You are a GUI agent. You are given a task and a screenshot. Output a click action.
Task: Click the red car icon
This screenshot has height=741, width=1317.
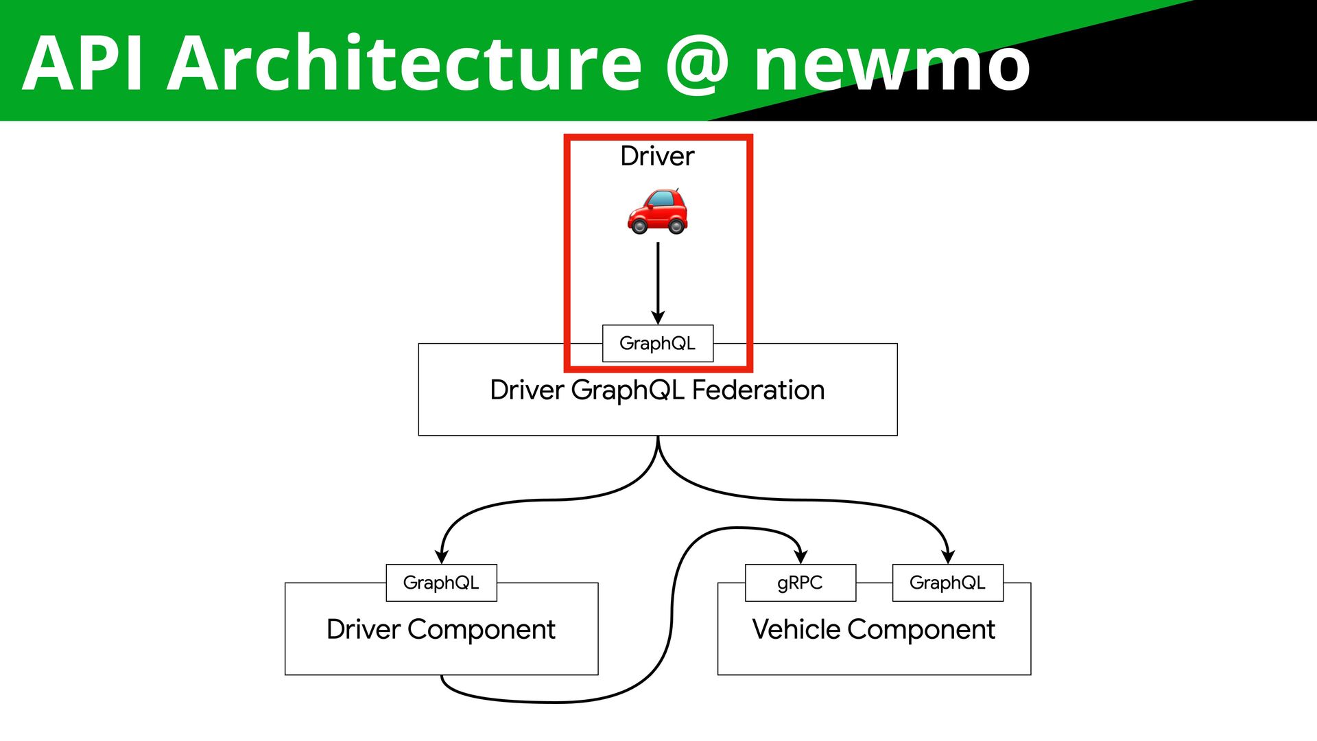coord(657,211)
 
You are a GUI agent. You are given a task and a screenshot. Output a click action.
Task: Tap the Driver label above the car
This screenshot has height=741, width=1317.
coord(657,156)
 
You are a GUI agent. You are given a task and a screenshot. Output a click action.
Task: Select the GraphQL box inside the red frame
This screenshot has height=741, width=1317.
coord(657,343)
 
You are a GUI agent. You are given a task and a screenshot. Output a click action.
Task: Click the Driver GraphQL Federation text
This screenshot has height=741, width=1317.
coord(657,390)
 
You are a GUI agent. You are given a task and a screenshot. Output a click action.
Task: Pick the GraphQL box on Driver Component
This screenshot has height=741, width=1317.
coord(441,583)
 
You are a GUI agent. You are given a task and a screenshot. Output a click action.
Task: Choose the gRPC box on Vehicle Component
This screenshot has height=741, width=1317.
coord(800,583)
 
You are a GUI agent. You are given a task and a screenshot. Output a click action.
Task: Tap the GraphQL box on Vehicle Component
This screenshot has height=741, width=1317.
coord(947,583)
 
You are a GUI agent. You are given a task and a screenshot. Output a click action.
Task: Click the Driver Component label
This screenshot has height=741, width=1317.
coord(441,629)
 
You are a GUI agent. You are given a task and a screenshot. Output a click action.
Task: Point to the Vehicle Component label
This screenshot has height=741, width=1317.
coord(873,629)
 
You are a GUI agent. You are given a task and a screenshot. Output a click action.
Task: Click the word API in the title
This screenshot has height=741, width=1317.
coord(83,63)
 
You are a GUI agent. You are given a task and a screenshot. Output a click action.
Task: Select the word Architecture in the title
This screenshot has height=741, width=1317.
coord(404,63)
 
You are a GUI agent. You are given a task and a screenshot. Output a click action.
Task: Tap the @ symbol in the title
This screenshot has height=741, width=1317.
coord(696,65)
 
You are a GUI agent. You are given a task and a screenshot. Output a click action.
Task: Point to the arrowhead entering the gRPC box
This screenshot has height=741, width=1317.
coord(800,556)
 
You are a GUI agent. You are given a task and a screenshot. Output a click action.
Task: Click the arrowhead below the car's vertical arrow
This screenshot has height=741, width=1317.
coord(658,317)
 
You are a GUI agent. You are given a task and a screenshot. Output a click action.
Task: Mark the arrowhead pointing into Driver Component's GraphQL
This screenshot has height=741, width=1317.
coord(442,556)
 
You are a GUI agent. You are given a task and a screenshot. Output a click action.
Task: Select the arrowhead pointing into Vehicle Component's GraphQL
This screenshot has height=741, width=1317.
coord(948,556)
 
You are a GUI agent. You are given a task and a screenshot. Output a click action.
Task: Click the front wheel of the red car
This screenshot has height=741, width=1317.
coord(639,226)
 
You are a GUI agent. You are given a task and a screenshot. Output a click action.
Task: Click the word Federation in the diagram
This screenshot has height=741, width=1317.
coord(758,390)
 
